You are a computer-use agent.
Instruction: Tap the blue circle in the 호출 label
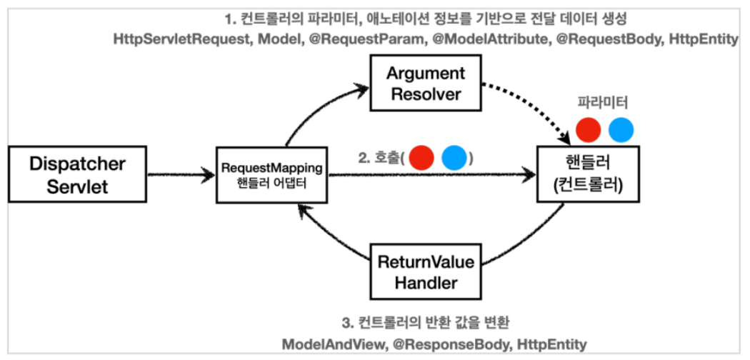454,156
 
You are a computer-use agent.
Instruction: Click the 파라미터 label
605,104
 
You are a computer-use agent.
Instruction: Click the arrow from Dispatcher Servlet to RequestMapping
179,174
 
